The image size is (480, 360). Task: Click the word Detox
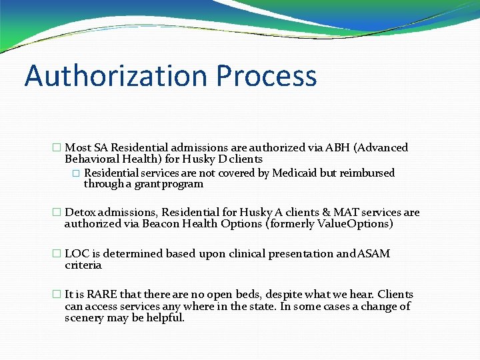click(80, 213)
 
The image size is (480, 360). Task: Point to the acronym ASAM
click(375, 254)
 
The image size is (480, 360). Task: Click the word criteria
click(83, 265)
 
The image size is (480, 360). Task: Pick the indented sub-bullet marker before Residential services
click(76, 173)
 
